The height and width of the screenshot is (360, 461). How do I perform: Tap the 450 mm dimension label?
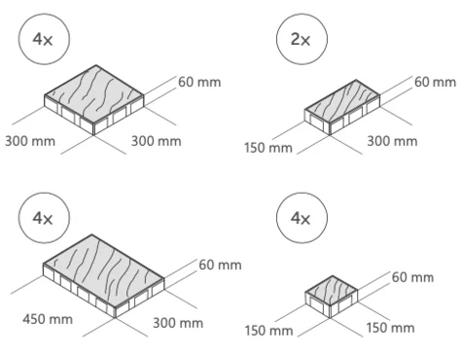pyautogui.click(x=48, y=319)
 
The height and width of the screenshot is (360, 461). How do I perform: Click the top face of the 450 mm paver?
pyautogui.click(x=103, y=270)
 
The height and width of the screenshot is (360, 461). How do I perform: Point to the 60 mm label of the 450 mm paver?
pyautogui.click(x=220, y=265)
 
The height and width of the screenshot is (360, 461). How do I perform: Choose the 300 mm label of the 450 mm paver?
pyautogui.click(x=178, y=323)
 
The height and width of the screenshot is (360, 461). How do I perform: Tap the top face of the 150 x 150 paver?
pyautogui.click(x=332, y=291)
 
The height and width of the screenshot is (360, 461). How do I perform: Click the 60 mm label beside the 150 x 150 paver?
pyautogui.click(x=412, y=277)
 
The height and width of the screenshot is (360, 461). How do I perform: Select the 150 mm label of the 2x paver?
pyautogui.click(x=268, y=148)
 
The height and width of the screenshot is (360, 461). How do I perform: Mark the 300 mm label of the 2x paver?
pyautogui.click(x=392, y=141)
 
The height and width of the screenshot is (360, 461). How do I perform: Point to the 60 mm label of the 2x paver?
pyautogui.click(x=435, y=82)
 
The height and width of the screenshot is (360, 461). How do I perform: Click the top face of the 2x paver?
pyautogui.click(x=342, y=101)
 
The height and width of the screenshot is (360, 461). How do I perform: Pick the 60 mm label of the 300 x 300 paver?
pyautogui.click(x=199, y=82)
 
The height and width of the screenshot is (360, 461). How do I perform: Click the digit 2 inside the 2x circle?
pyautogui.click(x=296, y=39)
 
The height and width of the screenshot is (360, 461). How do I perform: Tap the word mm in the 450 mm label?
pyautogui.click(x=60, y=320)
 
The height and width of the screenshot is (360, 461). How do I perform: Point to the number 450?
pyautogui.click(x=34, y=319)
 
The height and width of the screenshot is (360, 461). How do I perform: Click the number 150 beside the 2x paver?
pyautogui.click(x=255, y=148)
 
